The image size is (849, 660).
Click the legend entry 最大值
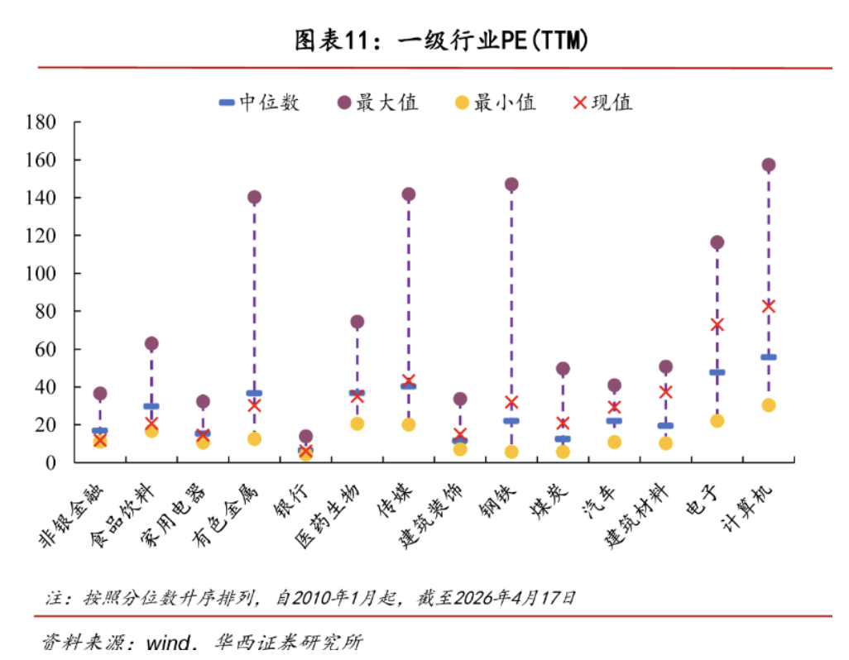(x=377, y=103)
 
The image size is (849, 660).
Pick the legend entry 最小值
(x=495, y=103)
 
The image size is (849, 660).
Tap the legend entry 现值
(x=602, y=103)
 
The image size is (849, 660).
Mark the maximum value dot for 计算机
(x=768, y=165)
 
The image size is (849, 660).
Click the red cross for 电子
(x=717, y=325)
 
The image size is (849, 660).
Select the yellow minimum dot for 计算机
(x=768, y=405)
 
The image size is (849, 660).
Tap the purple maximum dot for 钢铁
(x=511, y=184)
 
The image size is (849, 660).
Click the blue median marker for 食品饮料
(x=151, y=406)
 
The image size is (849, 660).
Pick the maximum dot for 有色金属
(x=254, y=198)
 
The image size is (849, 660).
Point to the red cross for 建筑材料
(x=665, y=392)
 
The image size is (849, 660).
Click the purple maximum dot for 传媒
(x=408, y=195)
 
